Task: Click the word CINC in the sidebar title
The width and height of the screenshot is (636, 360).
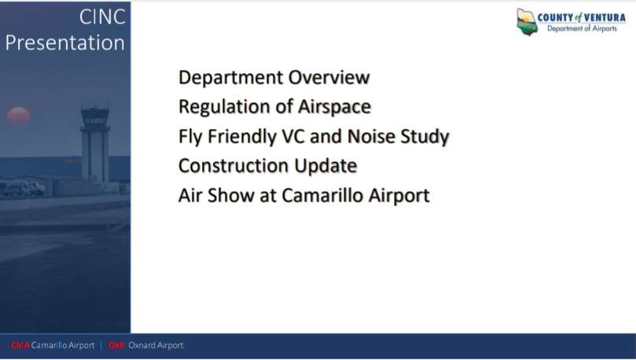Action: point(102,17)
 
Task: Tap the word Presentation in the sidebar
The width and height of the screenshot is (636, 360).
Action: point(65,42)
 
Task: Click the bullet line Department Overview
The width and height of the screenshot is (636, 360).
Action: point(274,78)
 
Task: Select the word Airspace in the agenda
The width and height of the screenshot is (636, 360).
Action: point(334,108)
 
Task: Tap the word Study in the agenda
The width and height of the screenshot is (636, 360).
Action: point(425,137)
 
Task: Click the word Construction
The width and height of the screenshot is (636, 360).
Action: point(233,166)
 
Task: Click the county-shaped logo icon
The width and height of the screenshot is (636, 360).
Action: point(527,22)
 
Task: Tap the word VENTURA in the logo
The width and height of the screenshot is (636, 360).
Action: point(605,17)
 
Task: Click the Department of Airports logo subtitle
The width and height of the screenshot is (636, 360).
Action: point(582,28)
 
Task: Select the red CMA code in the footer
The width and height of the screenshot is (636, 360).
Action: point(20,345)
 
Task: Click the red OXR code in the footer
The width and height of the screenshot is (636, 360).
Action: point(116,345)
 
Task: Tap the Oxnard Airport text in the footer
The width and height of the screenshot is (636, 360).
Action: point(156,345)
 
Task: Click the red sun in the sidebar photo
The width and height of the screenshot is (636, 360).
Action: point(18,116)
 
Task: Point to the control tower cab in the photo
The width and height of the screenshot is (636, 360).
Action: point(95,117)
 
